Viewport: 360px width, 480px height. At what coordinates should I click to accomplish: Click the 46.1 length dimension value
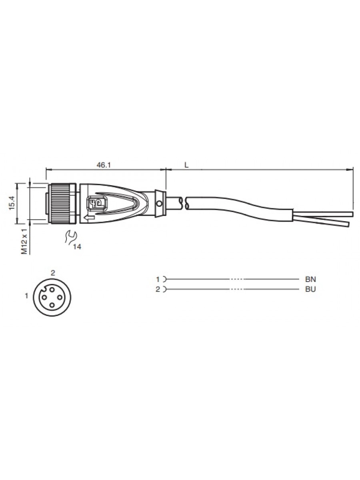104,165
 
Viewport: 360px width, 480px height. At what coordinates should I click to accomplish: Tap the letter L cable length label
186,165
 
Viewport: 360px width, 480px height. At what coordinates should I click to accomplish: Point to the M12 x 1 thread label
24,242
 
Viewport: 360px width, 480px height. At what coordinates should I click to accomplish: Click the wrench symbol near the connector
70,236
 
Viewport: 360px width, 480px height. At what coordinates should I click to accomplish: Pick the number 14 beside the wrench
77,247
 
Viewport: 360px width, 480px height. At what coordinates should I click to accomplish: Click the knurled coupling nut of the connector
62,204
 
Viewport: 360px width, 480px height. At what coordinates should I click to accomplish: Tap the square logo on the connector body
97,203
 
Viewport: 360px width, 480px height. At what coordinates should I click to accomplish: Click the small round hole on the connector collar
160,204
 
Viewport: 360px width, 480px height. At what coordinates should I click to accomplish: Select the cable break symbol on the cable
184,203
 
